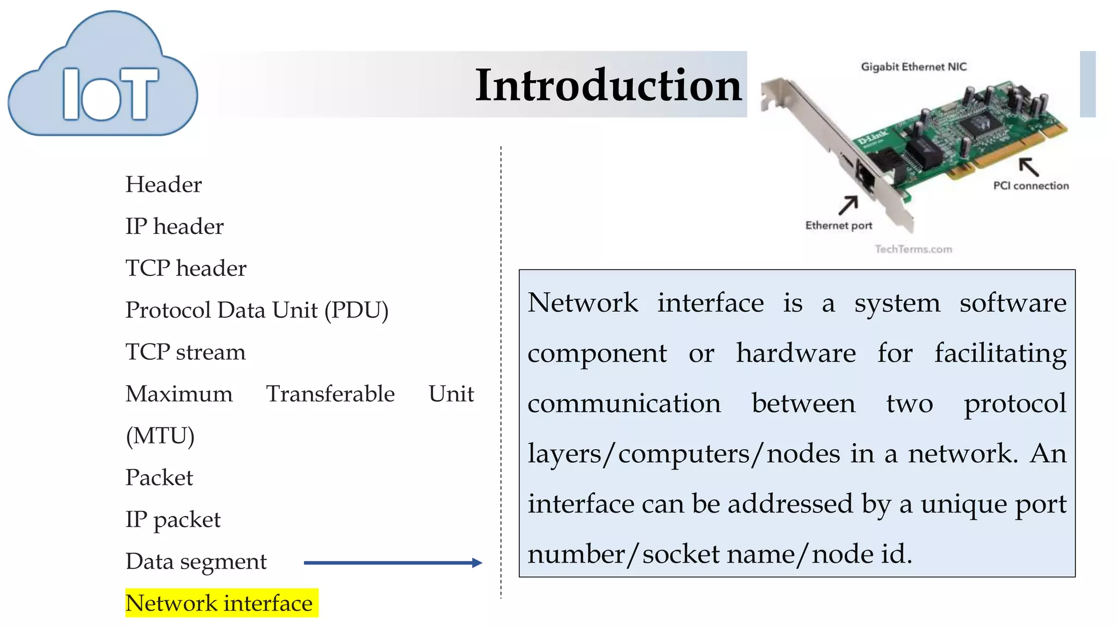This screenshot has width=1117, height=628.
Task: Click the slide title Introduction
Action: click(x=608, y=86)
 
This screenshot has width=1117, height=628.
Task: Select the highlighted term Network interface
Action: click(x=219, y=603)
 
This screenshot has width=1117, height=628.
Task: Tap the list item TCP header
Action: click(x=186, y=268)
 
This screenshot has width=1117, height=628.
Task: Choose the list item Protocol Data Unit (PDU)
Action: click(x=257, y=310)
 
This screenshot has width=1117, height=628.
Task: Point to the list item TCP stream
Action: click(x=185, y=352)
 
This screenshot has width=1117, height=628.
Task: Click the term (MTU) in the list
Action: click(x=160, y=436)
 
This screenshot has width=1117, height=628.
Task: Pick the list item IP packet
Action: click(x=173, y=520)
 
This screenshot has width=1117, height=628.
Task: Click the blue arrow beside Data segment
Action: click(x=393, y=563)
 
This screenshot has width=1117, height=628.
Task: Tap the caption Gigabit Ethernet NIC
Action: click(x=914, y=67)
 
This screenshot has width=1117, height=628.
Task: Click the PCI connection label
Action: click(x=1030, y=186)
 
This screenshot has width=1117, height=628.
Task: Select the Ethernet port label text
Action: click(x=838, y=226)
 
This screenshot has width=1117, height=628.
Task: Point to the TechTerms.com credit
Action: click(x=914, y=249)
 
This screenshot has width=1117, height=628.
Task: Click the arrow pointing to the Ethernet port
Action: click(x=848, y=206)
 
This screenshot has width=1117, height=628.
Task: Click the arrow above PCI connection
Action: click(x=1029, y=166)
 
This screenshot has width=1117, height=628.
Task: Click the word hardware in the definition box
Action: click(x=796, y=353)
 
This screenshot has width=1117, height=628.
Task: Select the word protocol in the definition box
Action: click(x=1014, y=404)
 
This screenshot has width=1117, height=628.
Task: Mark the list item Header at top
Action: click(x=164, y=185)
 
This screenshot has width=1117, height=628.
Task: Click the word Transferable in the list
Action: click(x=330, y=394)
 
